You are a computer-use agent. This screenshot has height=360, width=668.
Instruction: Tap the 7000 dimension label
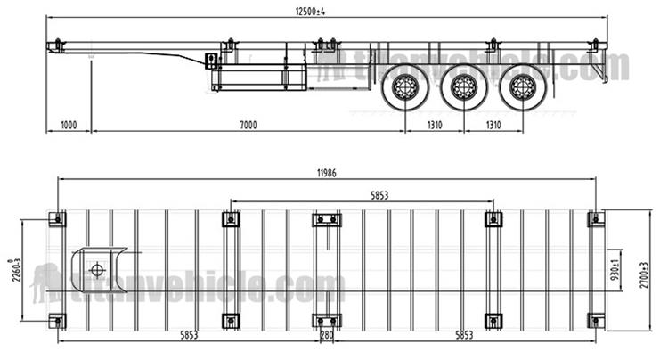[x=248, y=125]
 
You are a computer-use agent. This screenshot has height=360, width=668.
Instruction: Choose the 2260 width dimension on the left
[x=12, y=268]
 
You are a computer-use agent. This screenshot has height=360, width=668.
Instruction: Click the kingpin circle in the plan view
[x=96, y=270]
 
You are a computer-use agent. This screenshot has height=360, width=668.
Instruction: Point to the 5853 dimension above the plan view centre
[x=361, y=194]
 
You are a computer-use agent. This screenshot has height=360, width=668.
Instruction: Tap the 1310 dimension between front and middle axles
[x=435, y=125]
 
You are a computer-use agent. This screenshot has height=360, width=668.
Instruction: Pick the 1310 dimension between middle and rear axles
[x=492, y=125]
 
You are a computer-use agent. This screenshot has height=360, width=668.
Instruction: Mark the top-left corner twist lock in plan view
[x=58, y=219]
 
